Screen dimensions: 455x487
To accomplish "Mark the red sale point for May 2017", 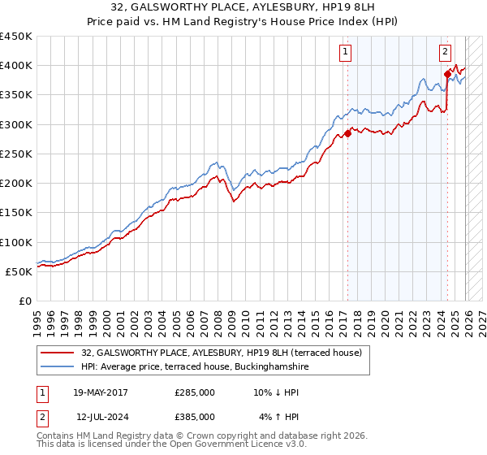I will tap(347, 133).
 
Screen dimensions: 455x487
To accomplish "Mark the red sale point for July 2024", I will tap(447, 75).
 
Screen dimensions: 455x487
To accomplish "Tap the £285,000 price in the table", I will tap(194, 392).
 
